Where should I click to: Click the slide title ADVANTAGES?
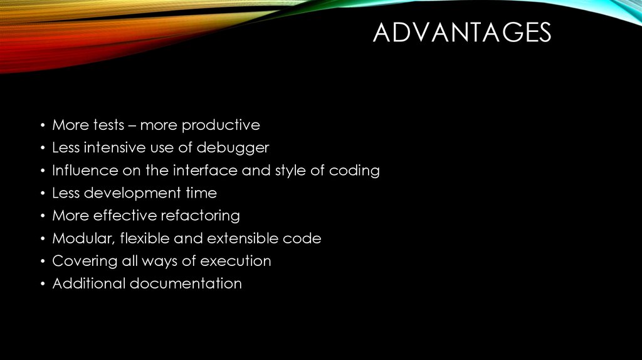coord(461,33)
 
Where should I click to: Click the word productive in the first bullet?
coord(220,125)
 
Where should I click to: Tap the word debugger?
coord(233,148)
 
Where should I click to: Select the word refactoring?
coord(200,216)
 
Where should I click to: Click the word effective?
coord(125,216)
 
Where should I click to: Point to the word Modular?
coord(80,238)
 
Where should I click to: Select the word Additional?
coord(88,283)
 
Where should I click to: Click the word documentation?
coord(186,283)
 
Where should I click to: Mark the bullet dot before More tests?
coord(42,126)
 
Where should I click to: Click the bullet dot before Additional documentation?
coord(42,284)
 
